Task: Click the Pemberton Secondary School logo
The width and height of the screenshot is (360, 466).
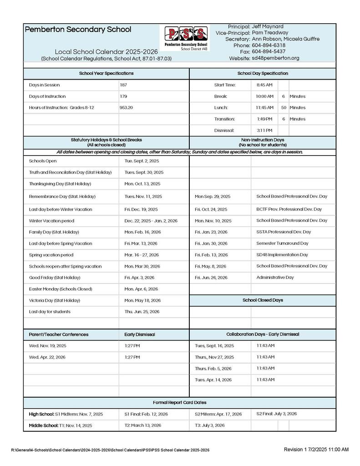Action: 187,39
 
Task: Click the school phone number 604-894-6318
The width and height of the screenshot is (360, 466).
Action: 269,46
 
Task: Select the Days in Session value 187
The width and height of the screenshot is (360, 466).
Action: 124,85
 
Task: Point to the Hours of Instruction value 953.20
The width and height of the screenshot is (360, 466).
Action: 127,108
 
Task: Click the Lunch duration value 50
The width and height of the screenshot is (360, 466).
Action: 284,108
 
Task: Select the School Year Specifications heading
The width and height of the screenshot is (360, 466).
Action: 106,73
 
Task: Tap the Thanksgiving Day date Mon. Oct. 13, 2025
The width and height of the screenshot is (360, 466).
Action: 142,184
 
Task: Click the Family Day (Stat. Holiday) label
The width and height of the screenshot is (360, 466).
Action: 52,232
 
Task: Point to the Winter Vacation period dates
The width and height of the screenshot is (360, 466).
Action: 151,221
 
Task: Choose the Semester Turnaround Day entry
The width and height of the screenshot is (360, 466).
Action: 282,243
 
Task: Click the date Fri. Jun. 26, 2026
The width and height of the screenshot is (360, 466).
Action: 211,278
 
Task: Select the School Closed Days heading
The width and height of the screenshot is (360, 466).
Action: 263,300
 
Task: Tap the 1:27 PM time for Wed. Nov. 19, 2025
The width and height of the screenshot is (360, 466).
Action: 132,346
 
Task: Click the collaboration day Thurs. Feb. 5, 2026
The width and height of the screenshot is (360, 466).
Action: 213,369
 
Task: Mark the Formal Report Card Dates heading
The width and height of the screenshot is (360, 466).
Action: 180,403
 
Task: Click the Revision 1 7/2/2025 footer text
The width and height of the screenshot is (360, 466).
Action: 316,450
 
